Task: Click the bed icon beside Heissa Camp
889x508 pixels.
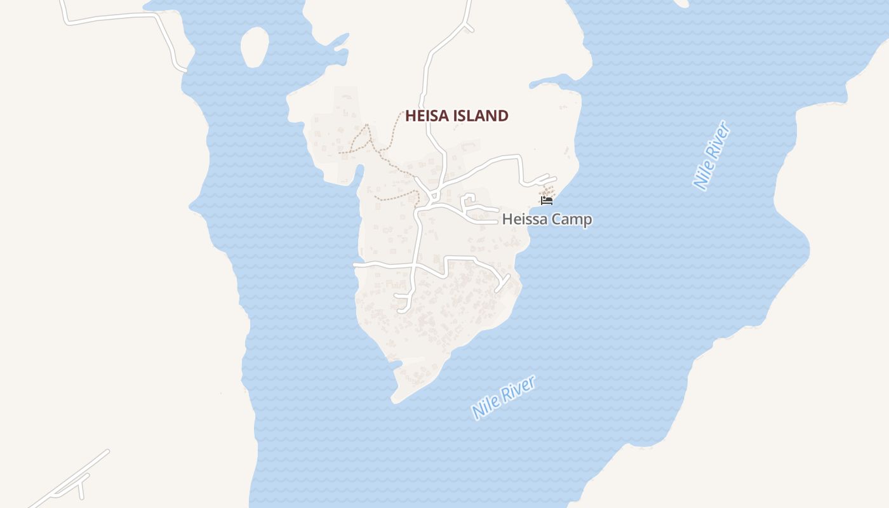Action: [546, 201]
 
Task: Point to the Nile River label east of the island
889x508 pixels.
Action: [711, 155]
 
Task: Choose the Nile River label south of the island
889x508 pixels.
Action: [504, 397]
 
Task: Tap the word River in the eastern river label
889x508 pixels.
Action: [719, 141]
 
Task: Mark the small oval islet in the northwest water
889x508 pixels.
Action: [255, 47]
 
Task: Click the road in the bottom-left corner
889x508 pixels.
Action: [70, 478]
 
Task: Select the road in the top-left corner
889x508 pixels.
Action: [121, 18]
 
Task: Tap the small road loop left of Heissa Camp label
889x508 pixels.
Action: [471, 203]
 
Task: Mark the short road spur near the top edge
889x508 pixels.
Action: [469, 27]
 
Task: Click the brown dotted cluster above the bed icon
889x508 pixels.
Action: [547, 190]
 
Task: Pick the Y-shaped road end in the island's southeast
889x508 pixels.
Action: [502, 283]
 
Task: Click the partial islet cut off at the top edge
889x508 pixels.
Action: [679, 3]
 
